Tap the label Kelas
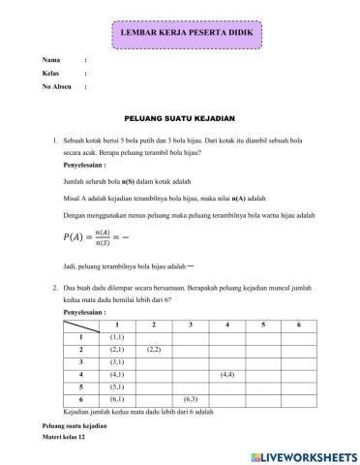50,74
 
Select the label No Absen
55,86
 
